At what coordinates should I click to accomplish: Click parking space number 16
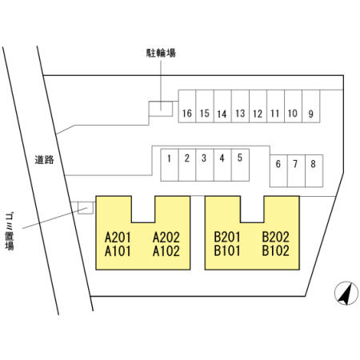pos(187,106)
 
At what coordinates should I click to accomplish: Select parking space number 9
pos(311,106)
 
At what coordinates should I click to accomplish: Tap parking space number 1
pos(170,165)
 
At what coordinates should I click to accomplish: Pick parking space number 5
pos(240,165)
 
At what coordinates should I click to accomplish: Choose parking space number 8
pos(314,170)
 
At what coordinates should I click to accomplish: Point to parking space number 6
pos(278,170)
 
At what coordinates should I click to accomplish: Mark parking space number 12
pos(258,106)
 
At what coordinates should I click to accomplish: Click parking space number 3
pos(205,165)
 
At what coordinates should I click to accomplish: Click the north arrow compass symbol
pos(346,293)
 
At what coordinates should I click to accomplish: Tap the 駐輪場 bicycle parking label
pos(161,53)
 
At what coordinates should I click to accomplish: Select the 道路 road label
pos(44,159)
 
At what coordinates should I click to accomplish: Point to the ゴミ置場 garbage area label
pos(10,231)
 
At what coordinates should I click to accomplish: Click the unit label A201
pos(118,237)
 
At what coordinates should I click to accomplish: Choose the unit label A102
pos(166,251)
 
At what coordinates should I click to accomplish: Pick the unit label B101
pos(227,251)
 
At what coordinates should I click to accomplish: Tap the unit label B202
pos(275,237)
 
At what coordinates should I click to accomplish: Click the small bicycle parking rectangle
pos(161,109)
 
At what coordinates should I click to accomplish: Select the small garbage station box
pos(86,208)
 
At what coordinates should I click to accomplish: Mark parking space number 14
pos(222,106)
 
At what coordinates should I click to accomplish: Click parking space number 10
pos(294,106)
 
